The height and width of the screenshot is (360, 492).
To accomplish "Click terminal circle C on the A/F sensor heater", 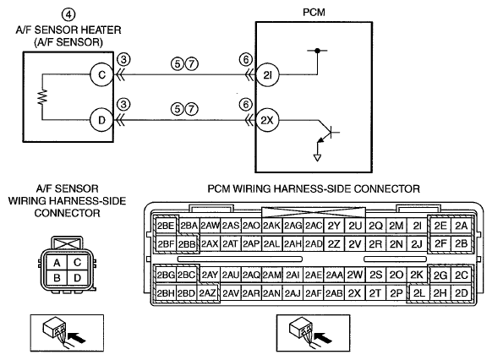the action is click(x=101, y=75).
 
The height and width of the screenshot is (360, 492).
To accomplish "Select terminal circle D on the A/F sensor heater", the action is click(x=101, y=120).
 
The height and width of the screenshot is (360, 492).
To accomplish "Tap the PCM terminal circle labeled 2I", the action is click(x=267, y=75).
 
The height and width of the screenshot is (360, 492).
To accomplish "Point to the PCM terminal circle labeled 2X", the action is click(x=267, y=120).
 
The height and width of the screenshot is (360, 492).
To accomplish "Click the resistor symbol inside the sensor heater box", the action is click(x=42, y=97).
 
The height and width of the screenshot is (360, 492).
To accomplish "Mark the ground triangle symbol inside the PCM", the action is click(x=317, y=157).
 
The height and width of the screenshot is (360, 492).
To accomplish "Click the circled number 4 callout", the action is click(x=68, y=14).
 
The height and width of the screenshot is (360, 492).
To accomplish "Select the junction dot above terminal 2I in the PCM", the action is click(x=317, y=51).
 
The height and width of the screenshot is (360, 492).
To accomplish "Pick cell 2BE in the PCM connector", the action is click(x=166, y=226).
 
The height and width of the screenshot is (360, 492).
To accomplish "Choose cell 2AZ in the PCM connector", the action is click(x=207, y=293).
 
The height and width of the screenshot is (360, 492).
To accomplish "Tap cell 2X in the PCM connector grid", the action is click(x=354, y=293).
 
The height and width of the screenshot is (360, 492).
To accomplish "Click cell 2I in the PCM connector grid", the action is click(x=417, y=226).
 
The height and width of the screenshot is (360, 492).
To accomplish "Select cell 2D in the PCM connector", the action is click(x=461, y=293).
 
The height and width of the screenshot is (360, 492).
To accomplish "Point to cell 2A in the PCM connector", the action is click(x=461, y=226).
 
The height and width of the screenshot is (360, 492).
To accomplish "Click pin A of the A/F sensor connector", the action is click(x=57, y=263).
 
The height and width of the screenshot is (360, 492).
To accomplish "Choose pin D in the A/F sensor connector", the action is click(x=77, y=278).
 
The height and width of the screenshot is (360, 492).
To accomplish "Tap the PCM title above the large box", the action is click(x=314, y=12).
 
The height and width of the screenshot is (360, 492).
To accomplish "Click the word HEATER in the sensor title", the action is click(x=101, y=30).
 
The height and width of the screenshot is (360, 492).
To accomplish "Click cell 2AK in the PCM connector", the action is click(x=271, y=226).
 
